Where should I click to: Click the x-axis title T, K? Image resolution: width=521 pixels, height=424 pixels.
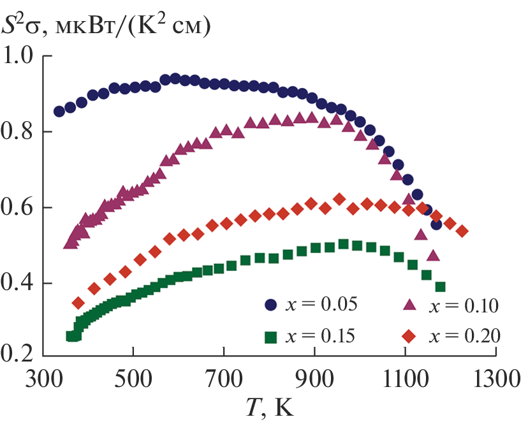pos(268,407)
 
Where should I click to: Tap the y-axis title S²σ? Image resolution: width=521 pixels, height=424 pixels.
pos(22,26)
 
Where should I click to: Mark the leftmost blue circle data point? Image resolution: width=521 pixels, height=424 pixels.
pos(59,112)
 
